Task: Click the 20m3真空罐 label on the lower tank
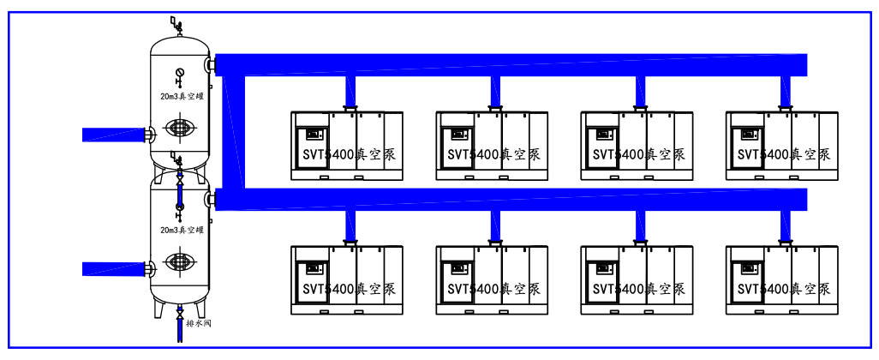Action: click(x=181, y=230)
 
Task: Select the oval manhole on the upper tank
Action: click(x=180, y=127)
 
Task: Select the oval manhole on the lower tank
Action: click(x=180, y=261)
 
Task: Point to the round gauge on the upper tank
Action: click(x=179, y=72)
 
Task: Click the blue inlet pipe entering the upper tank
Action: click(x=113, y=134)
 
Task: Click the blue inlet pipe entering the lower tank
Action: click(x=113, y=268)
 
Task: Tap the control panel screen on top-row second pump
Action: click(x=457, y=134)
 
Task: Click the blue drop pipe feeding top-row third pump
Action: click(x=640, y=89)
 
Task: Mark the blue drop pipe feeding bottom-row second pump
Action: click(x=495, y=225)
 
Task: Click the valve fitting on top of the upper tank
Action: click(x=177, y=25)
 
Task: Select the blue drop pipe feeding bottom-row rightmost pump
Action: click(x=786, y=225)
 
